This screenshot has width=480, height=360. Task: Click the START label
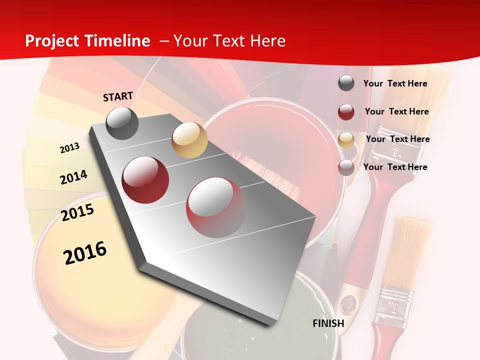[x=118, y=96]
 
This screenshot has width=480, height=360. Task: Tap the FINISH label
[x=328, y=323]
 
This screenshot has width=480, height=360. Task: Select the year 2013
[x=69, y=148]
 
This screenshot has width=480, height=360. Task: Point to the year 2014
[x=73, y=177]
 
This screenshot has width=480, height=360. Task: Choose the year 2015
[x=77, y=212]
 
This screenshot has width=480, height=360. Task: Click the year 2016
[x=85, y=252]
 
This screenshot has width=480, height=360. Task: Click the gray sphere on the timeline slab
[x=122, y=123]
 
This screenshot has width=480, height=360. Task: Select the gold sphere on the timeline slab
[x=189, y=140]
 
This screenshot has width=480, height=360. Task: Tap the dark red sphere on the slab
[x=145, y=179]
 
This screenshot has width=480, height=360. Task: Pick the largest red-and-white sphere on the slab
[x=216, y=207]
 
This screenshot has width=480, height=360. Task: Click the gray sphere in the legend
[x=346, y=83]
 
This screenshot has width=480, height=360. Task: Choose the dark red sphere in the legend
[x=346, y=112]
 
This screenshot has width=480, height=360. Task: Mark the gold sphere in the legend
[x=346, y=140]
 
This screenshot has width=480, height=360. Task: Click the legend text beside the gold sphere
[x=397, y=139]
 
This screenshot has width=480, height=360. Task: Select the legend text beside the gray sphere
[x=395, y=83]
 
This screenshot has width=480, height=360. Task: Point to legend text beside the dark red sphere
[x=396, y=111]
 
